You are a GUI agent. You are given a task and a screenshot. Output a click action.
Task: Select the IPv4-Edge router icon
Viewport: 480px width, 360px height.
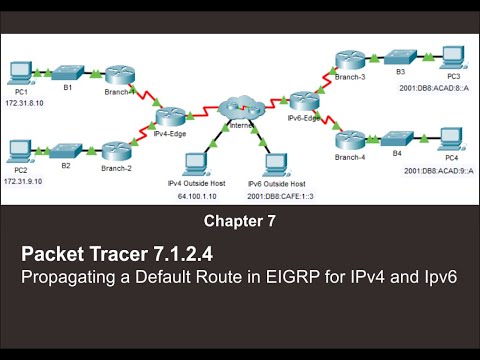[172, 117]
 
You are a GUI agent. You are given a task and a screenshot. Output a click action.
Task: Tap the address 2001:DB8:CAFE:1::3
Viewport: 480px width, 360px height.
[272, 196]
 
